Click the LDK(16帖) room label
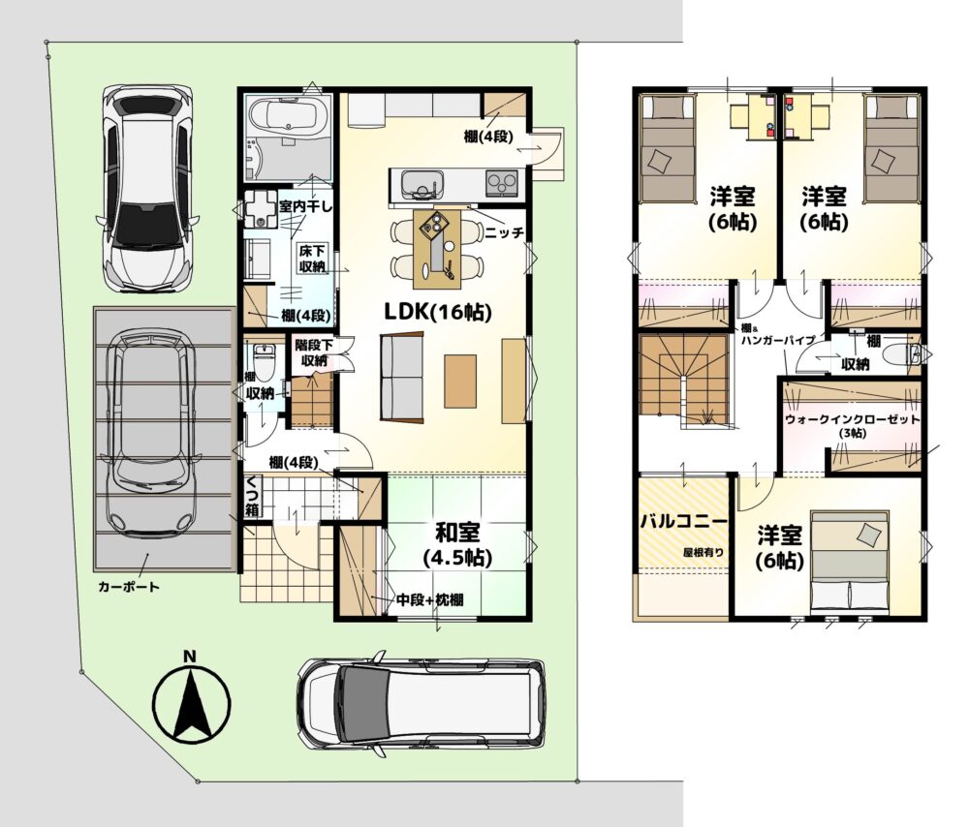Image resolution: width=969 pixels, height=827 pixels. (x=438, y=312)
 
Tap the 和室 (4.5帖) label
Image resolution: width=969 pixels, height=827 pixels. (x=458, y=545)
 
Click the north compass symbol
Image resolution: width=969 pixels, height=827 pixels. (x=192, y=702)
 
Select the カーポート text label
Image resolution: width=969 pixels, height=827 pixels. (x=129, y=586)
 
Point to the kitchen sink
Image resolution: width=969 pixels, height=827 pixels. (x=422, y=183)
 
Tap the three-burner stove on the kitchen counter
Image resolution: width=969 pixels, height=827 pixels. (x=502, y=183)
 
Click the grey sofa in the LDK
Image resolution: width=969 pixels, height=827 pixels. (x=402, y=378)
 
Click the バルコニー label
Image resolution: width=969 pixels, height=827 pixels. (x=683, y=521)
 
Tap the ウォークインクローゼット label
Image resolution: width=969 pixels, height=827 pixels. (x=852, y=418)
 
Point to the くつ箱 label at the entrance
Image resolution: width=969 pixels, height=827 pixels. (x=252, y=497)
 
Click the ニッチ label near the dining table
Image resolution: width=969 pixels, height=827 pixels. (x=504, y=232)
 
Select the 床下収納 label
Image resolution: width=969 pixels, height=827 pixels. (x=312, y=259)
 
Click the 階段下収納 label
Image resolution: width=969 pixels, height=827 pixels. (x=314, y=352)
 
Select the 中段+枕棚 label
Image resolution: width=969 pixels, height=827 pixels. (x=429, y=599)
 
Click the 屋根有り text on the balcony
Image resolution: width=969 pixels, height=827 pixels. (x=703, y=553)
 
